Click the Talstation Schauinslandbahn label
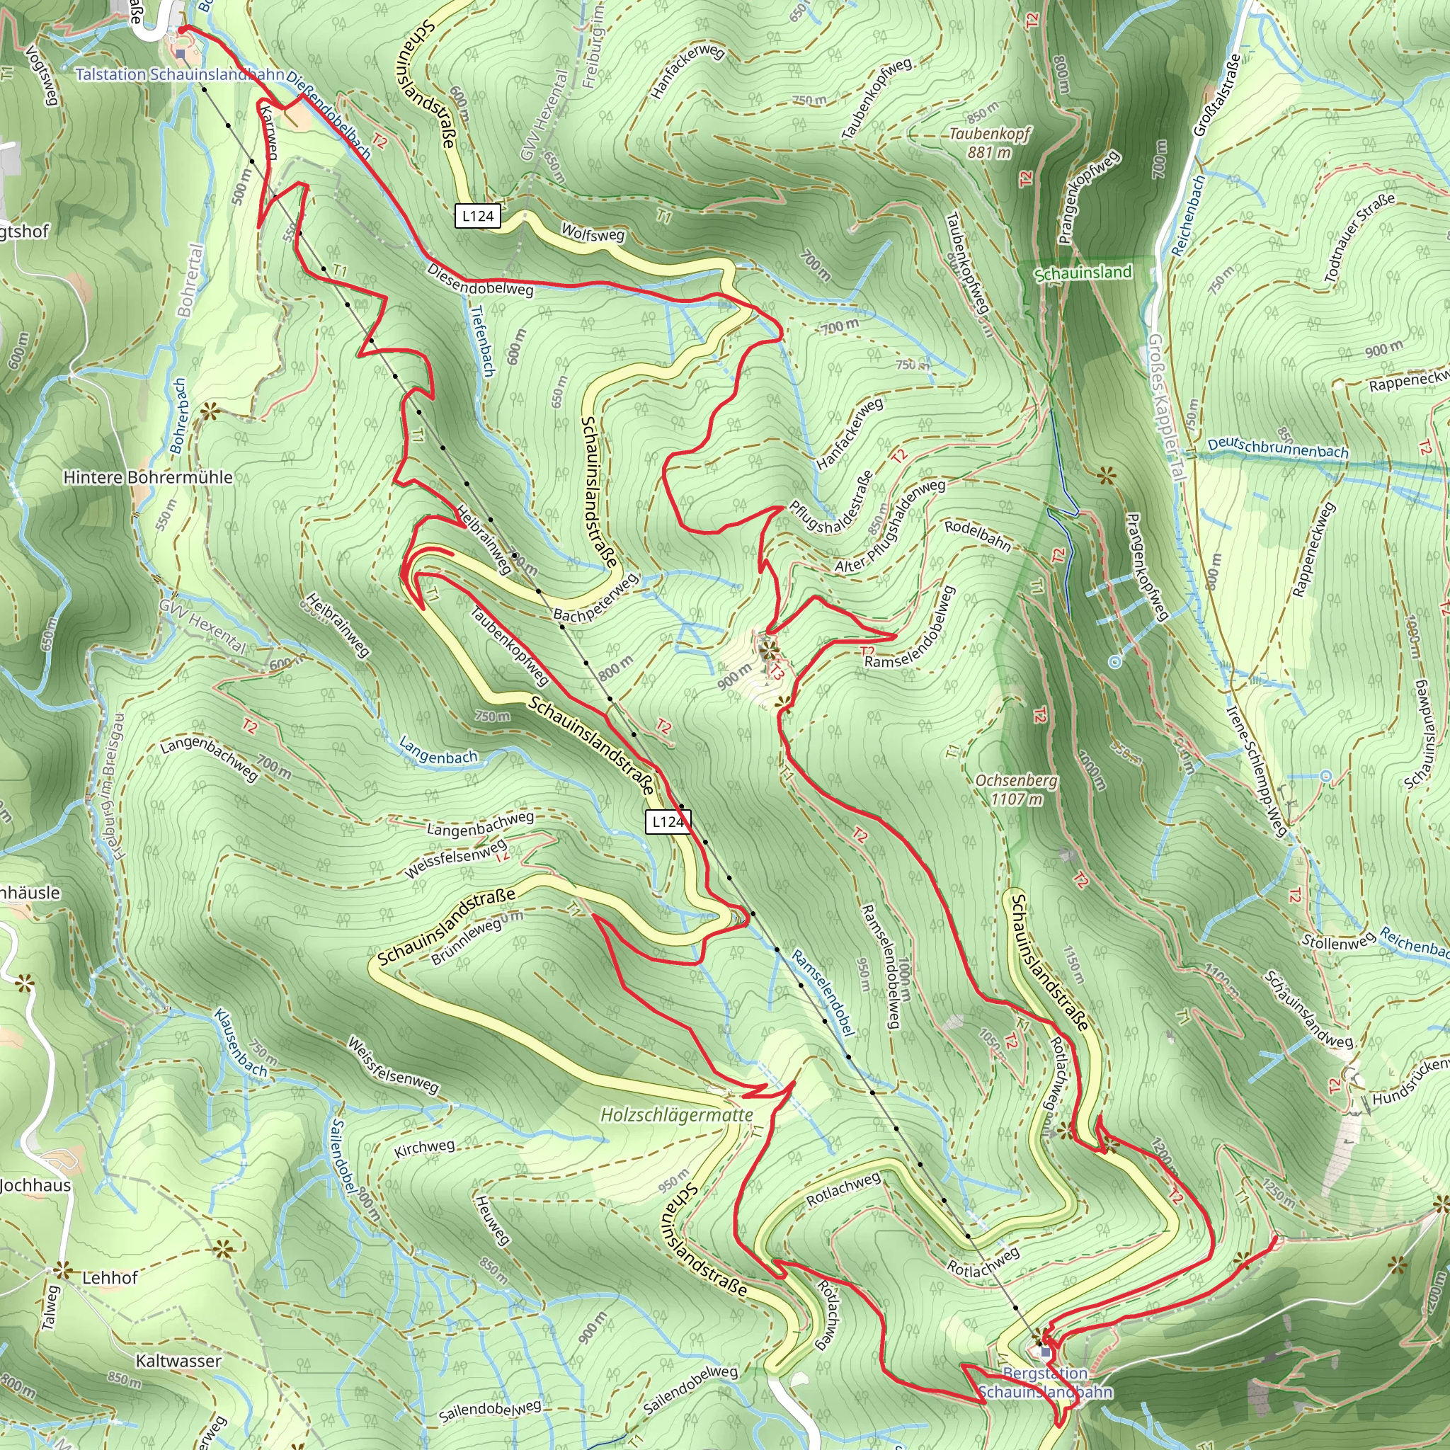point(178,74)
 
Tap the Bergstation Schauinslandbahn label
point(1045,1383)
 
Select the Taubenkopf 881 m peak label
point(989,142)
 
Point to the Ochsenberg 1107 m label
point(1016,789)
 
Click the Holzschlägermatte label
point(676,1115)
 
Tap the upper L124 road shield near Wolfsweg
point(478,217)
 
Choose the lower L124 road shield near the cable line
point(667,822)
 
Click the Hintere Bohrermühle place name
point(148,477)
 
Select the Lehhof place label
point(110,1277)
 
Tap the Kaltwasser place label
point(178,1361)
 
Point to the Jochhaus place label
point(35,1186)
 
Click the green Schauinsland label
point(1083,273)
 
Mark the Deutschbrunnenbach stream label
point(1277,448)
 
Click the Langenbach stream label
point(438,750)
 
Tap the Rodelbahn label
point(977,535)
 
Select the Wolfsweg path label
point(593,234)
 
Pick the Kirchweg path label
point(425,1148)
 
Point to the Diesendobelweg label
point(480,279)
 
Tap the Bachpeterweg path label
point(596,598)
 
